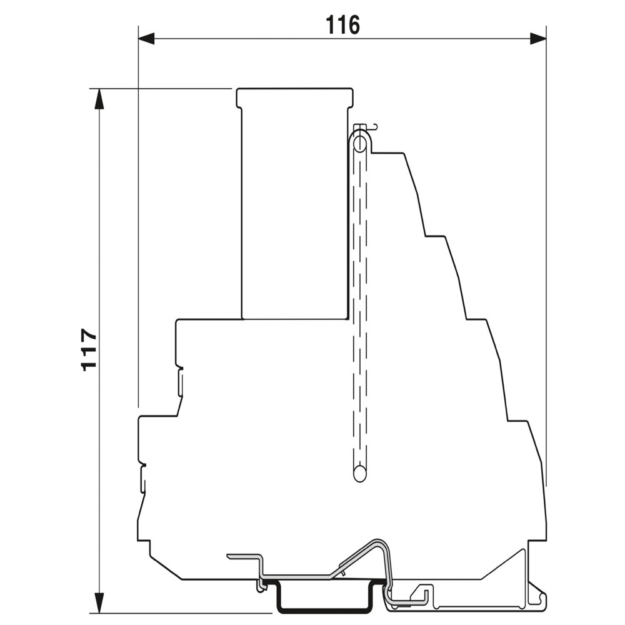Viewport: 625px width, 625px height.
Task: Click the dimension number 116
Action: pos(342,25)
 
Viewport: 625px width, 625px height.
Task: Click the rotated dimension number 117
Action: pos(89,349)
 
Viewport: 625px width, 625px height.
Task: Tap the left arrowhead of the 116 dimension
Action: pos(146,39)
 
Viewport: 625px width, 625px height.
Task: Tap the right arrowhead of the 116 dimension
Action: pos(538,39)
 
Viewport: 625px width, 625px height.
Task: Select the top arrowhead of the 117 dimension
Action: pos(99,98)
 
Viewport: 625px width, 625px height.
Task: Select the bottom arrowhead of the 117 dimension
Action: pos(99,604)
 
